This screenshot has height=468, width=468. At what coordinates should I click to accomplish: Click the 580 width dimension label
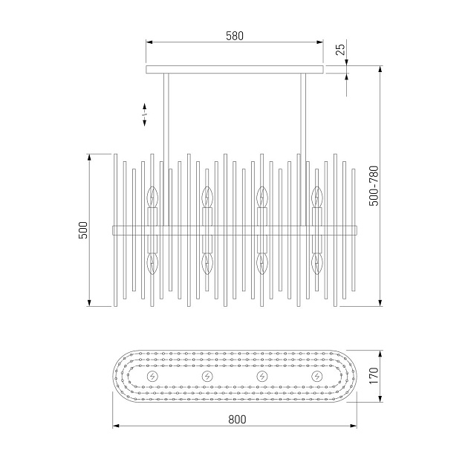235,36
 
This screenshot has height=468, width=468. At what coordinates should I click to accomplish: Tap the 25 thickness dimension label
340,49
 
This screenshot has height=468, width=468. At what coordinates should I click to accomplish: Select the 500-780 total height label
374,186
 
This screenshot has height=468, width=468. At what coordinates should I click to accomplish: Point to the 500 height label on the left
83,230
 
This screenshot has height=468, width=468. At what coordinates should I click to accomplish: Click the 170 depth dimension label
374,376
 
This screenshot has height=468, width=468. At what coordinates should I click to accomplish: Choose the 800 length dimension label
237,420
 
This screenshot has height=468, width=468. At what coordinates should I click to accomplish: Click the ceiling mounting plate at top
235,70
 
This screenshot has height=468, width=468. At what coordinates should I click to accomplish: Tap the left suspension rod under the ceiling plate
166,149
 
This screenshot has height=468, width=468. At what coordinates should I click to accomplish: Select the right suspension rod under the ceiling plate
303,149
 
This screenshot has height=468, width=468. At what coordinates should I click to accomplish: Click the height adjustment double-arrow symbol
144,114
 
